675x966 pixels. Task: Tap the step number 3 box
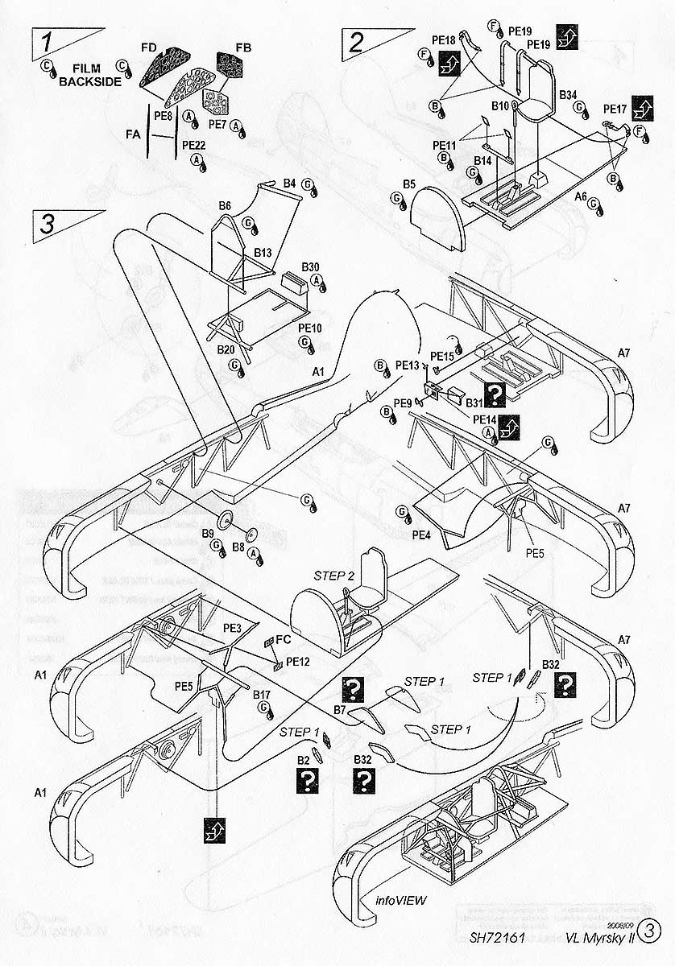[x=47, y=223]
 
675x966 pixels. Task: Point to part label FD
[x=148, y=48]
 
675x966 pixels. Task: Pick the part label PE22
[x=194, y=145]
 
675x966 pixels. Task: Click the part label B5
[x=409, y=185]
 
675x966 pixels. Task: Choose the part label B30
[x=311, y=266]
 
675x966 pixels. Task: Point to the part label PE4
[x=420, y=534]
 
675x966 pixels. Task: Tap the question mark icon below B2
[x=306, y=779]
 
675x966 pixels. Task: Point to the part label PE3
[x=233, y=628]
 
